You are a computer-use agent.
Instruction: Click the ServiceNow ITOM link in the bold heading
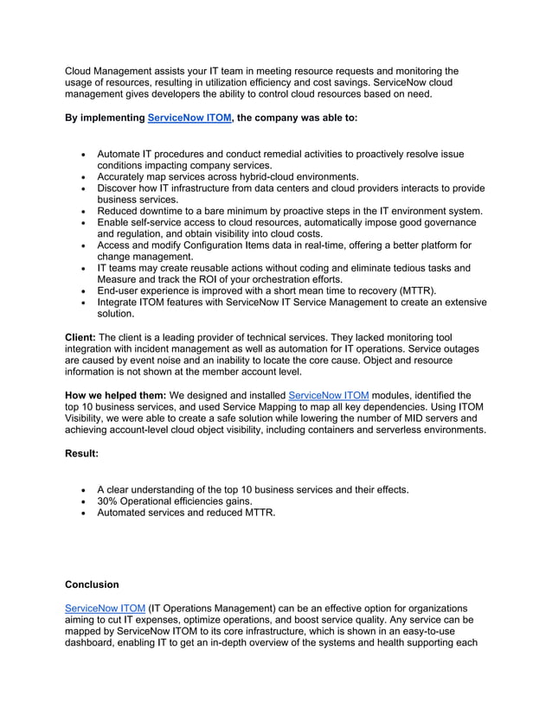(x=189, y=117)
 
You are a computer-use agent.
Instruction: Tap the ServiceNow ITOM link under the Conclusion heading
(x=105, y=608)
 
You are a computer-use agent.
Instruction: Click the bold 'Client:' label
(x=81, y=336)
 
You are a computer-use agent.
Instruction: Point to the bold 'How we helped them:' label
(x=116, y=395)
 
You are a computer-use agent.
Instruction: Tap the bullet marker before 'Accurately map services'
(x=82, y=176)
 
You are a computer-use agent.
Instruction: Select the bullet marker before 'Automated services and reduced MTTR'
(x=82, y=513)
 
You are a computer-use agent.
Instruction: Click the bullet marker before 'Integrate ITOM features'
(x=82, y=303)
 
